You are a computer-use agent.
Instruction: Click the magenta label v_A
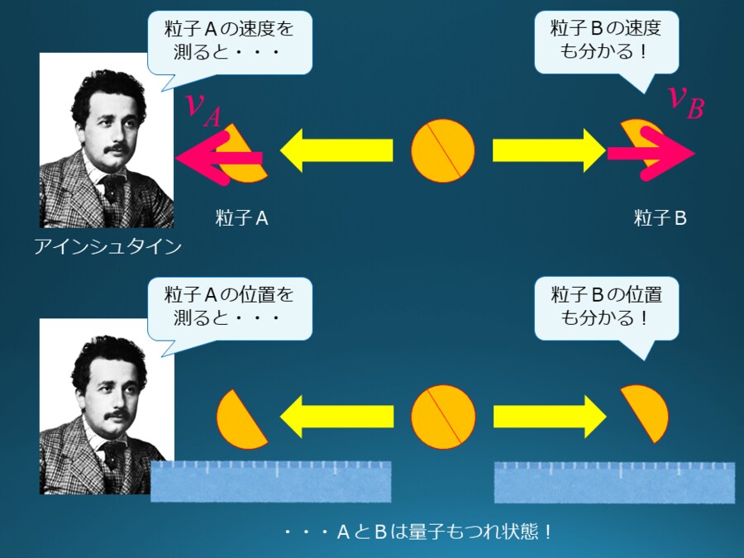[x=203, y=108]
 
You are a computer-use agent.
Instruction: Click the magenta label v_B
[x=685, y=102]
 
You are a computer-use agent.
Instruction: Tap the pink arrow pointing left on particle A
[x=217, y=158]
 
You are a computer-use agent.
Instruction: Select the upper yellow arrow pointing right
[x=550, y=150]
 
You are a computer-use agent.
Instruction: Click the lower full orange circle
[x=444, y=417]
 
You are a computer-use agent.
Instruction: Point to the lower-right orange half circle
[x=646, y=413]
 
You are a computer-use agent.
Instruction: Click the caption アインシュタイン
[x=107, y=246]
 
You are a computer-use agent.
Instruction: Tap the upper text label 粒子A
[x=241, y=218]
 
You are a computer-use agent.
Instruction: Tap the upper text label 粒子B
[x=661, y=218]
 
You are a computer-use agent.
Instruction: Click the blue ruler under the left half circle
[x=270, y=481]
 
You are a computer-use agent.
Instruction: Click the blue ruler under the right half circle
[x=614, y=482]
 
